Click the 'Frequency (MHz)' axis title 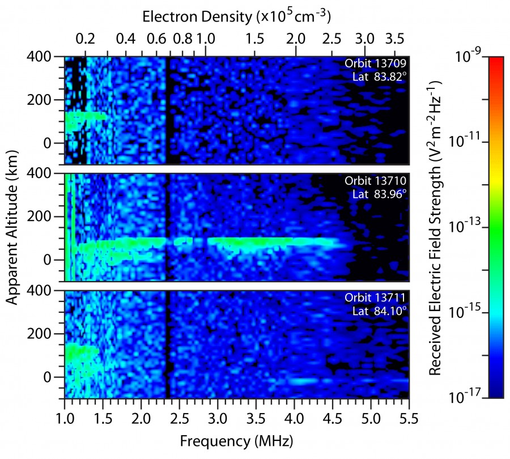pos(236,440)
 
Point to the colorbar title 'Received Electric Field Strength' pos(435,227)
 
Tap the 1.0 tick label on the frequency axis pos(65,419)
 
